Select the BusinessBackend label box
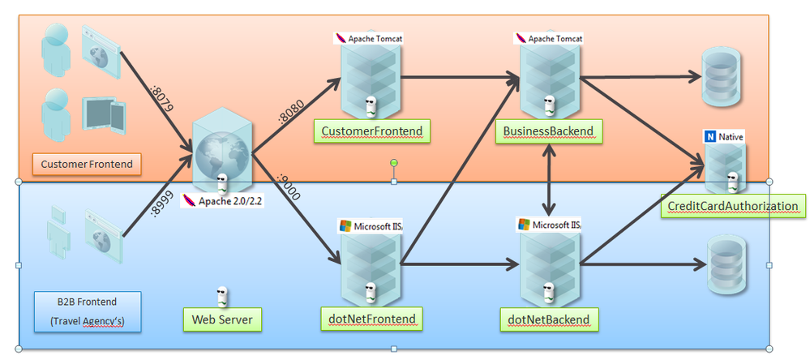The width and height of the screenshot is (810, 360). tap(548, 131)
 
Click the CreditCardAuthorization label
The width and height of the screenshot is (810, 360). tap(732, 206)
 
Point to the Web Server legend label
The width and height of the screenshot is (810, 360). tap(222, 319)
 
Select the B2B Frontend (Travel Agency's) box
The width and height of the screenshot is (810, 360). tap(88, 311)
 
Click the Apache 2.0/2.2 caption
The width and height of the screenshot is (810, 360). tap(222, 199)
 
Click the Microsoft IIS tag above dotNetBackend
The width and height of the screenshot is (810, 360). tap(550, 225)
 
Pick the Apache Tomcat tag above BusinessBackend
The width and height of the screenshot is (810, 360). tap(550, 38)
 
